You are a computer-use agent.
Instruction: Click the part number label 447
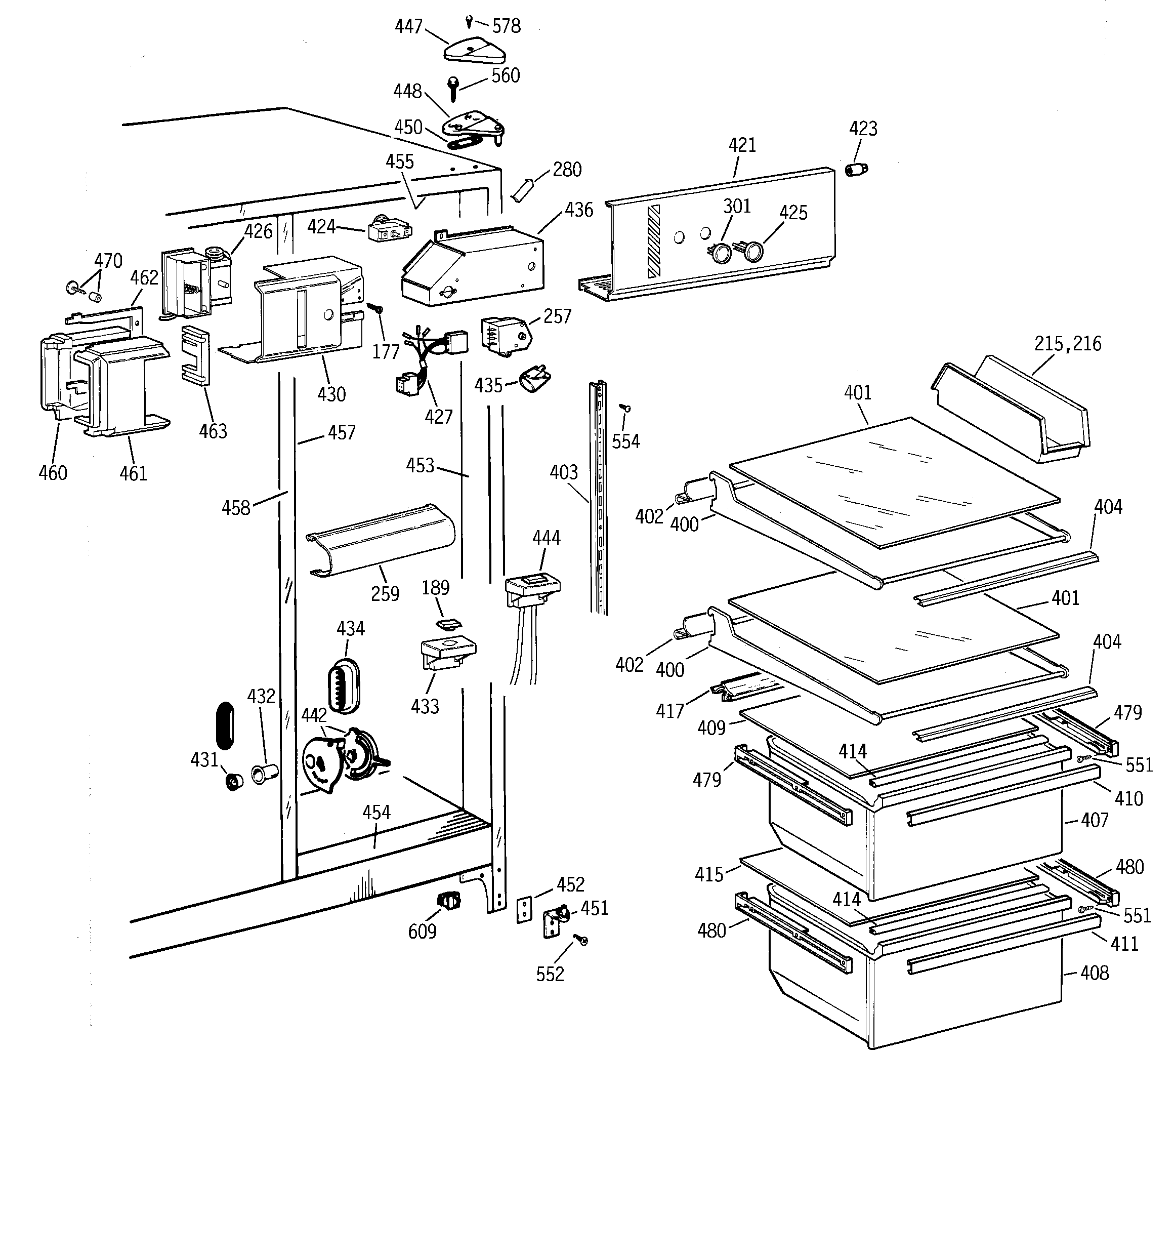coord(408,26)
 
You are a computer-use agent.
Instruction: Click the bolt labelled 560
coord(453,88)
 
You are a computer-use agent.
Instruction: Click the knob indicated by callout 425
coord(752,252)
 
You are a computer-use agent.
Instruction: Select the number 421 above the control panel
coord(742,146)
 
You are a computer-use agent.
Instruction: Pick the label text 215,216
coord(1068,344)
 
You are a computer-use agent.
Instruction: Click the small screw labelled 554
coord(626,409)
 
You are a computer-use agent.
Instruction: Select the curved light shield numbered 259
coord(381,540)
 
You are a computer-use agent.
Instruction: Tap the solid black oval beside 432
coord(225,725)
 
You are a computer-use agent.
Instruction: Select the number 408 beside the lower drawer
coord(1094,973)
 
